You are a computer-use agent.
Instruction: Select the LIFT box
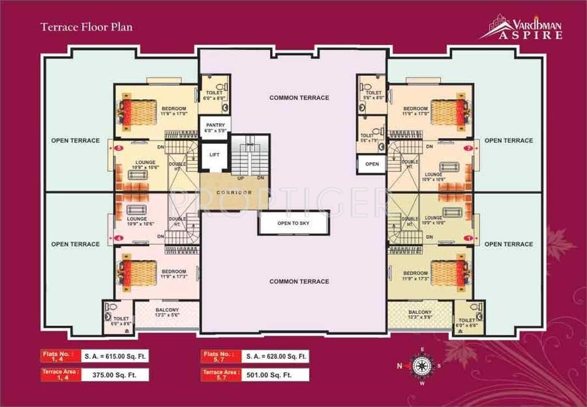[x=214, y=156]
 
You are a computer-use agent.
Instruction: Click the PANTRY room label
[x=215, y=126]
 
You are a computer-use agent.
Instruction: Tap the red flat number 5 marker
[x=119, y=148]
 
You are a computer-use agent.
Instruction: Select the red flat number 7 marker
[x=468, y=148]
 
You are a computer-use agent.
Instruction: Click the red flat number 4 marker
[x=119, y=238]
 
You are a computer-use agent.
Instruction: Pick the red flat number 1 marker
[x=468, y=238]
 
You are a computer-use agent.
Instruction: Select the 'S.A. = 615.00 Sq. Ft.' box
[x=115, y=356]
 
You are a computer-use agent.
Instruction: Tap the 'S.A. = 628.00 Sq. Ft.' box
[x=275, y=356]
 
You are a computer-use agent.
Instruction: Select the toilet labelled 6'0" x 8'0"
[x=214, y=95]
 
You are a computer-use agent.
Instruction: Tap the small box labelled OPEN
[x=372, y=164]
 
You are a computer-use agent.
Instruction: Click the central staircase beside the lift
[x=250, y=156]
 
